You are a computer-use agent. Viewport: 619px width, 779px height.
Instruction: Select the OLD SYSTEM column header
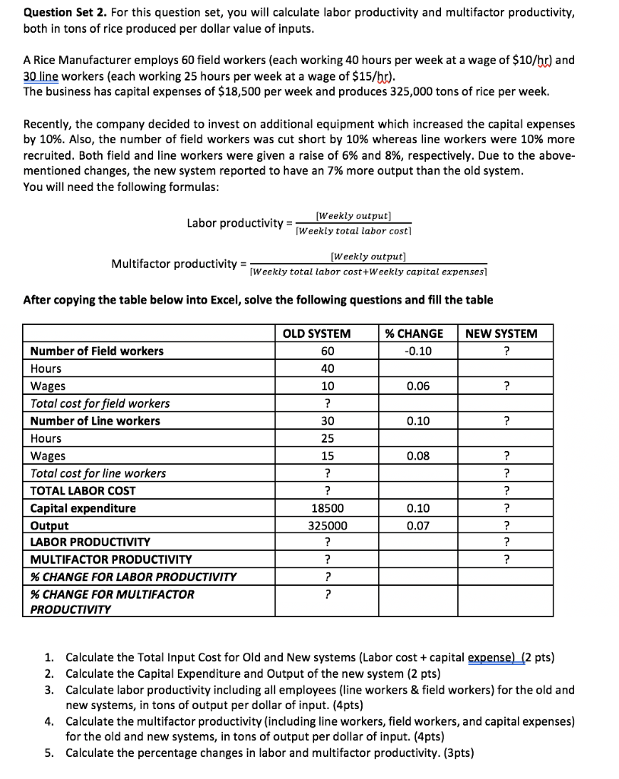(316, 333)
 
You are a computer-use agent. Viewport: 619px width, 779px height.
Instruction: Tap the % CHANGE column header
(414, 333)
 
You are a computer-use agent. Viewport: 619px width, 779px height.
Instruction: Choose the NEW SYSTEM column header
(500, 333)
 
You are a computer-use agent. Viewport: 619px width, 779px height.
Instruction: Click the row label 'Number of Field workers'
(97, 351)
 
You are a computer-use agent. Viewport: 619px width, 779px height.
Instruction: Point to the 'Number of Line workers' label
(95, 421)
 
